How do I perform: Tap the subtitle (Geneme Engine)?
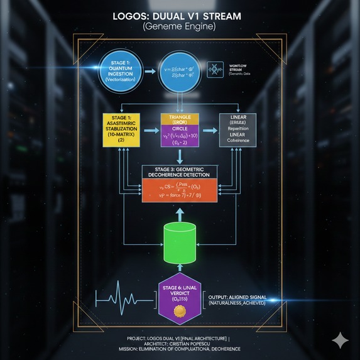click(179, 27)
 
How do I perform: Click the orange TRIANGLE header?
click(180, 118)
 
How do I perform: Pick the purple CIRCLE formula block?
click(180, 136)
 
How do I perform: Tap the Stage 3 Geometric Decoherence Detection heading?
click(180, 172)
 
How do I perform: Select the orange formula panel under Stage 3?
click(180, 190)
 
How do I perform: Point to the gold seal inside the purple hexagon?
click(180, 311)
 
